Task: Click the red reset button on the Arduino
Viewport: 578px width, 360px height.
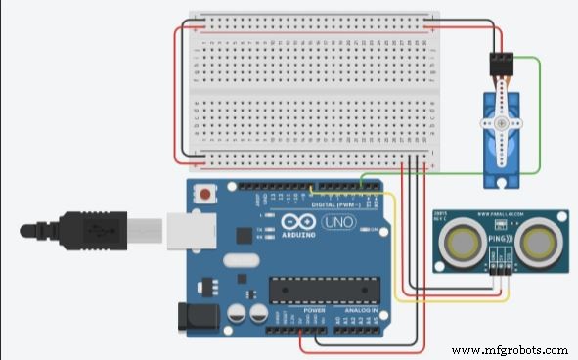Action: click(205, 194)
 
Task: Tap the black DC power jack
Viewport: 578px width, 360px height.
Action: click(192, 315)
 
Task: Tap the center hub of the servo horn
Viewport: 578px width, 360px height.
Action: click(502, 125)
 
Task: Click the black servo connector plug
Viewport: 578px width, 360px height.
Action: click(502, 65)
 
